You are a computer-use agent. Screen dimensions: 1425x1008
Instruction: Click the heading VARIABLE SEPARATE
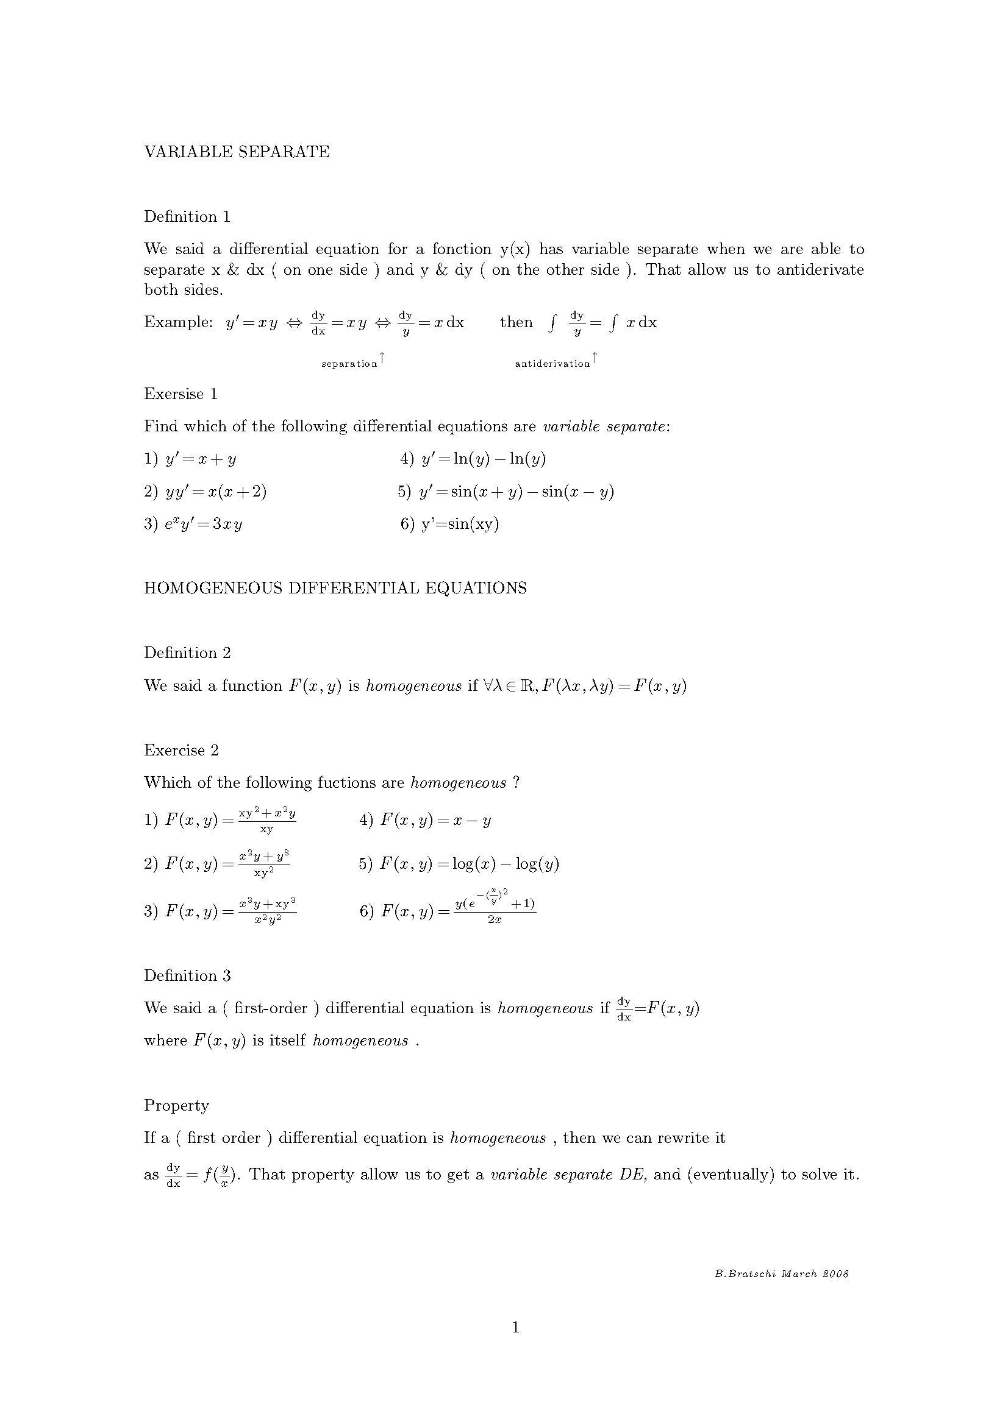(237, 152)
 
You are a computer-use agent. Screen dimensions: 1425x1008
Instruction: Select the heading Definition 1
(187, 217)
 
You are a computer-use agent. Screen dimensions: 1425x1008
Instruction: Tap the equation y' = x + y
(200, 459)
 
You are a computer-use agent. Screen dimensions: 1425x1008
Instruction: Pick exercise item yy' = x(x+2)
(215, 492)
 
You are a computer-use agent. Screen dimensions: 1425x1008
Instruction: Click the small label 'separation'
(349, 364)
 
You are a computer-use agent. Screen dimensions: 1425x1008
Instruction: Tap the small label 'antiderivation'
(552, 364)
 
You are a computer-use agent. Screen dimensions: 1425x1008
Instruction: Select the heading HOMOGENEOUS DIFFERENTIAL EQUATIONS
(335, 588)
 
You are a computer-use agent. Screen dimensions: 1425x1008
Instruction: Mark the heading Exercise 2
(181, 750)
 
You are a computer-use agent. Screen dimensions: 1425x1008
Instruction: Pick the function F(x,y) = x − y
(435, 821)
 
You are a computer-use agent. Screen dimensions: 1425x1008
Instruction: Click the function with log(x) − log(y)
(469, 864)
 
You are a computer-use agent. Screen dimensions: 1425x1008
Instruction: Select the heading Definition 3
(187, 975)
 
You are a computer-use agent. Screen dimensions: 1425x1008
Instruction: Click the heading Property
(176, 1105)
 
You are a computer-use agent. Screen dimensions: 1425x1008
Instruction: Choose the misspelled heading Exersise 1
(181, 394)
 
